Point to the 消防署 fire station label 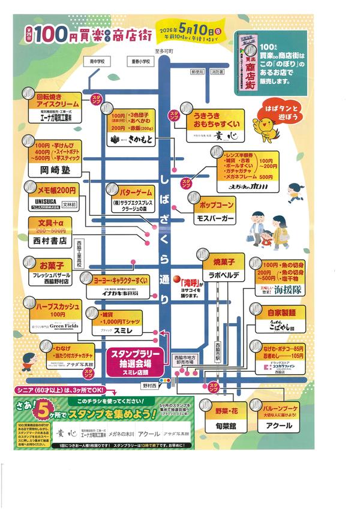(217, 71)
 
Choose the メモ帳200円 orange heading (53, 190)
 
